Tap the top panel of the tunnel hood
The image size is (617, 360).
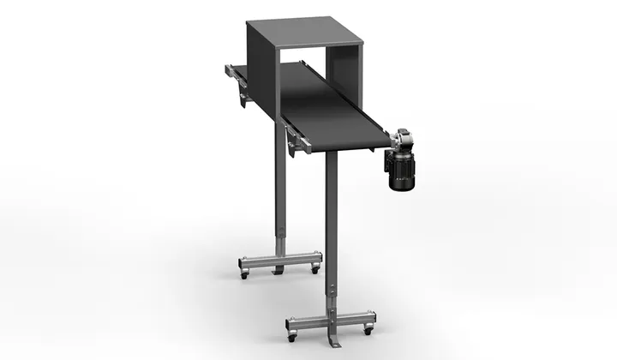tap(304, 33)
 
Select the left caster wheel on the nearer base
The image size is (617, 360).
tap(291, 338)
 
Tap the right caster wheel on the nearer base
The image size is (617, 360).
tap(369, 330)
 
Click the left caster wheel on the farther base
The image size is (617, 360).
tap(244, 275)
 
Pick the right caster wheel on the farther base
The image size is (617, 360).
tap(315, 268)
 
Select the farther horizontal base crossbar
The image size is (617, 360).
tap(279, 260)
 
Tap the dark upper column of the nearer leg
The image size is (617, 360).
tap(331, 214)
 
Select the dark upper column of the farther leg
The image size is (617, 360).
tap(279, 171)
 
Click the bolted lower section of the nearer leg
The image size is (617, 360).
tap(331, 296)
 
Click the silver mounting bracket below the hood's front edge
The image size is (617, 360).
tap(297, 141)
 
